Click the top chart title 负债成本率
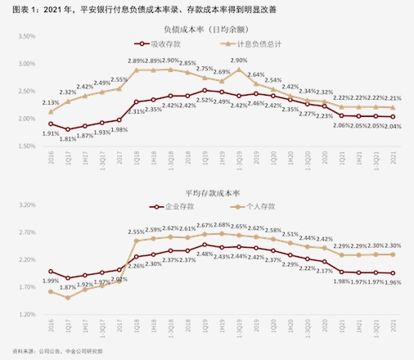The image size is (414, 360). (x=208, y=31)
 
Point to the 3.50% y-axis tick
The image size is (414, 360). (x=25, y=37)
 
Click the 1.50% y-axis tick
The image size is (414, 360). (x=25, y=146)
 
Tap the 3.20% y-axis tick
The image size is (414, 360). (x=25, y=205)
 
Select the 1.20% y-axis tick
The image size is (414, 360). (x=25, y=314)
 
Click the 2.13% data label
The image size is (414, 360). (x=50, y=102)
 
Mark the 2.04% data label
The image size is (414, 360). (x=392, y=127)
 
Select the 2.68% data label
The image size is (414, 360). (x=223, y=225)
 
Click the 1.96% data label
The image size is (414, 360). (x=392, y=283)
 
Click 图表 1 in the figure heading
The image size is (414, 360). (x=16, y=8)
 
